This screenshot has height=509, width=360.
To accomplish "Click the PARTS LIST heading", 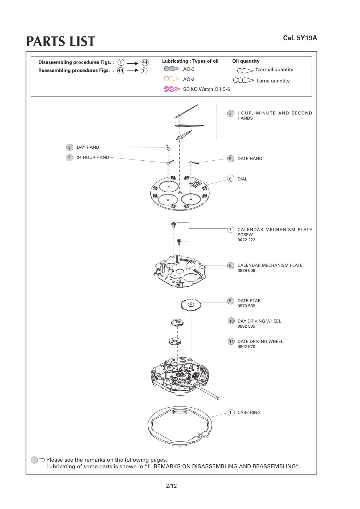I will coord(61,41).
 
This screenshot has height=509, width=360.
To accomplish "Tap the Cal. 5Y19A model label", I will coord(300,38).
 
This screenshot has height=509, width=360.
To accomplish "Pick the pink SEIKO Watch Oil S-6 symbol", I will coord(172,89).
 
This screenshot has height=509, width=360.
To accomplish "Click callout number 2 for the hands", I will coord(230,113).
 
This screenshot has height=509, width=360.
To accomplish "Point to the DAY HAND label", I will coord(88,147).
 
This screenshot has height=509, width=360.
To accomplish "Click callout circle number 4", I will coord(69,157).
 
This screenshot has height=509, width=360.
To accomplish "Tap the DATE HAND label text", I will coord(250,159).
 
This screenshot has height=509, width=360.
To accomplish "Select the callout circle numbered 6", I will coord(230,179).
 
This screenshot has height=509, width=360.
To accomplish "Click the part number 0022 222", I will coord(246,240).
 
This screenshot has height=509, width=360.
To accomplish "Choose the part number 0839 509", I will coord(246,270).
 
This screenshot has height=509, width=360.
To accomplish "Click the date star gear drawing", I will coord(190,305).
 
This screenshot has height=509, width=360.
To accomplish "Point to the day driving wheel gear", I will coord(177,323).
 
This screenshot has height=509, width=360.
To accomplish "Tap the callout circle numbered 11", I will coord(231,341).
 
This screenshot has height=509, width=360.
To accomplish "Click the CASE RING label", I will coord(249,412).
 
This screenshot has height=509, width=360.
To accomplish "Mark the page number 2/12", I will coord(171,486).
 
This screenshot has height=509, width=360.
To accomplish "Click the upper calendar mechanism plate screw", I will coord(173,225).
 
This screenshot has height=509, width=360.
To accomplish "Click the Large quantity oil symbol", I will coord(243,80).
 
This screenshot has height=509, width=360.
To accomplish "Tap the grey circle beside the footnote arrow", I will coord(34,460).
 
